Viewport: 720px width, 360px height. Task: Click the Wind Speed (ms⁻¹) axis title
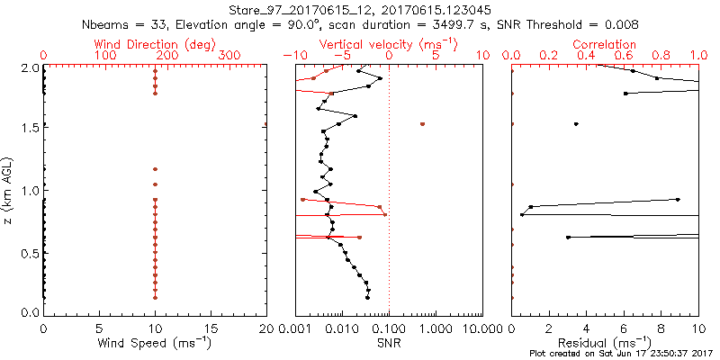(155, 343)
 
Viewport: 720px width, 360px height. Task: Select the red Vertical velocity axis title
(388, 44)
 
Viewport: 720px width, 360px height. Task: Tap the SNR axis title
(388, 343)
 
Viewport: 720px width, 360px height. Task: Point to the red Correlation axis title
(605, 44)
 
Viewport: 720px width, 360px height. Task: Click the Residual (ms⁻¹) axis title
(605, 343)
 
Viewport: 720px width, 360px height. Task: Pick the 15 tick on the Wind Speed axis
(211, 329)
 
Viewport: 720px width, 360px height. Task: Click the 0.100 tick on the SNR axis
(389, 329)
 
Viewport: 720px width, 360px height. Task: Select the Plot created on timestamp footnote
(622, 354)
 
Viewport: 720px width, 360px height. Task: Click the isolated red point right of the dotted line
(422, 124)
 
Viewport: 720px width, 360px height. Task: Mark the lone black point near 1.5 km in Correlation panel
(576, 124)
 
